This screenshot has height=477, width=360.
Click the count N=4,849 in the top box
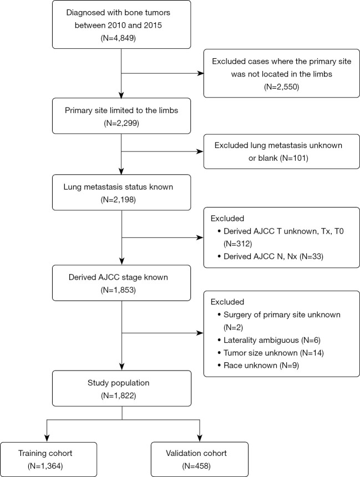tap(118, 38)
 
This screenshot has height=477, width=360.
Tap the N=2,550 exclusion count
tap(281, 87)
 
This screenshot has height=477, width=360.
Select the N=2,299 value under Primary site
tap(121, 123)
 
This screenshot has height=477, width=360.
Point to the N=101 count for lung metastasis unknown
tap(294, 158)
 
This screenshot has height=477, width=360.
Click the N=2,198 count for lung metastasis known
tap(118, 200)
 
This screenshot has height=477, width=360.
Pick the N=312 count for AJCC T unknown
tap(238, 244)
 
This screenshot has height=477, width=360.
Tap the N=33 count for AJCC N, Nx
tap(311, 257)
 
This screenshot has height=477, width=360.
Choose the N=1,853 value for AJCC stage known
tap(118, 290)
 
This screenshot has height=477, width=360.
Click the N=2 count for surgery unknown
tap(234, 328)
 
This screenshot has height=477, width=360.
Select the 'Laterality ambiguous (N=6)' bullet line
tap(269, 341)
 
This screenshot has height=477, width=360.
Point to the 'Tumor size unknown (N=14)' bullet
tap(271, 353)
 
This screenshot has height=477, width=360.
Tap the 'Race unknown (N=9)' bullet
tap(258, 366)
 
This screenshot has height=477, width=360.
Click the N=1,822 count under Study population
tap(118, 396)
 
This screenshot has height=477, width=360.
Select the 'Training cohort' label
tap(45, 453)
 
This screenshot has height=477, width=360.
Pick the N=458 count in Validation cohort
tap(196, 466)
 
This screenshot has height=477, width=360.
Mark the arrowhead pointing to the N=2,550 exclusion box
tap(200, 73)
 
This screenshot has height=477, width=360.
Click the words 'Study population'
tap(118, 383)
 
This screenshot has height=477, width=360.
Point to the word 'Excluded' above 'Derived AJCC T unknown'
tap(227, 219)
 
